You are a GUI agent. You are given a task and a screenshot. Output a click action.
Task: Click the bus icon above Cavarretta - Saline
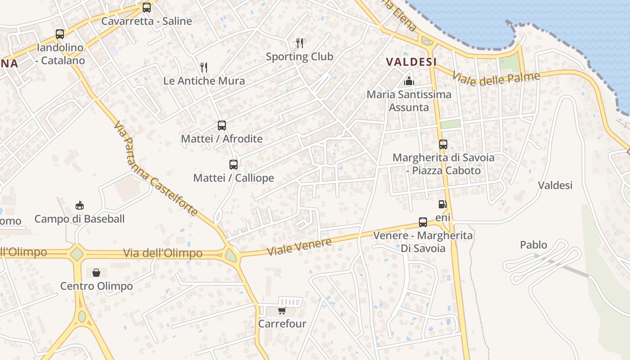pyautogui.click(x=147, y=8)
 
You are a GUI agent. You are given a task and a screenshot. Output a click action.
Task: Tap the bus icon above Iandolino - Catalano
pyautogui.click(x=60, y=34)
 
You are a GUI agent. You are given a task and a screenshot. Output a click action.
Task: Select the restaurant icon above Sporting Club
pyautogui.click(x=300, y=43)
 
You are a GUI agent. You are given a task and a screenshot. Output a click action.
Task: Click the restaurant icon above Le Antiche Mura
pyautogui.click(x=204, y=67)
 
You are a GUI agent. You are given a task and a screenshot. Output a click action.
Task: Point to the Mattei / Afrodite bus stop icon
pyautogui.click(x=222, y=126)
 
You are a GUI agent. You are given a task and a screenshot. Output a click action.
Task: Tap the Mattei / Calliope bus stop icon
pyautogui.click(x=234, y=165)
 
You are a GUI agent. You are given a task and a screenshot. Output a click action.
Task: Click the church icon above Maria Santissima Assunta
pyautogui.click(x=409, y=81)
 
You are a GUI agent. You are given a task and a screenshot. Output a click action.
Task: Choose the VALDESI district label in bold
pyautogui.click(x=411, y=62)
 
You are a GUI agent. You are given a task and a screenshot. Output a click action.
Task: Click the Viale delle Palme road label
pyautogui.click(x=496, y=79)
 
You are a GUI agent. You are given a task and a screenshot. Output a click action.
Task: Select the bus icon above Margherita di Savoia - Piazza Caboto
pyautogui.click(x=443, y=144)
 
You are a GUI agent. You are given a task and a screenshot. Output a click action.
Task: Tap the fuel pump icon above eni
pyautogui.click(x=443, y=204)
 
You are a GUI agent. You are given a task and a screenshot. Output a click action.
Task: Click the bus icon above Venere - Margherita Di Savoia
pyautogui.click(x=423, y=222)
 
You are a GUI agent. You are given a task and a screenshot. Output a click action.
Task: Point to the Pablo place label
pyautogui.click(x=534, y=245)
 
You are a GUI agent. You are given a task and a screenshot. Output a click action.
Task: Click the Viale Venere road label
pyautogui.click(x=300, y=247)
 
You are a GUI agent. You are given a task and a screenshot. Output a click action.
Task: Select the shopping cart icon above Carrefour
pyautogui.click(x=282, y=310)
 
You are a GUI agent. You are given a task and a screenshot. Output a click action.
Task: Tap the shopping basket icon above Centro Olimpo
pyautogui.click(x=96, y=273)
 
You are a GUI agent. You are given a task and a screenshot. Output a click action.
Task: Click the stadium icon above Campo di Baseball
pyautogui.click(x=80, y=206)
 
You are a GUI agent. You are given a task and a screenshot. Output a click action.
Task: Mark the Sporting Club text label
pyautogui.click(x=299, y=57)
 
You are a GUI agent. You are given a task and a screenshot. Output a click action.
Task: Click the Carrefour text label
pyautogui.click(x=282, y=324)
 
